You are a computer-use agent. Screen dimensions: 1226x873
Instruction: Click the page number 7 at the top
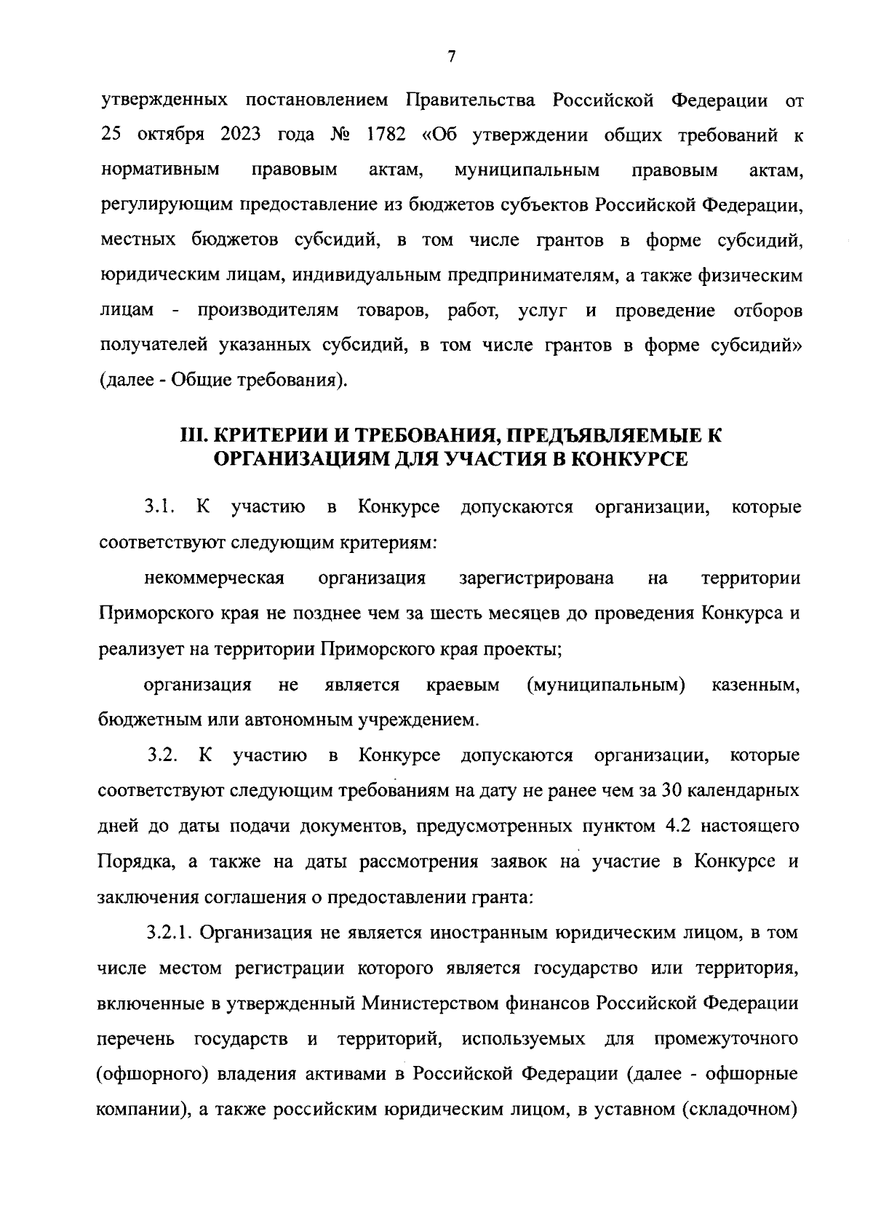(x=451, y=57)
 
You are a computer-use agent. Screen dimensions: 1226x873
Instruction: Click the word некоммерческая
(x=214, y=578)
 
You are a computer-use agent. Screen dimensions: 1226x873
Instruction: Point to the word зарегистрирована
(x=536, y=578)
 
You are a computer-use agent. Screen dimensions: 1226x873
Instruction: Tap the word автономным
(x=299, y=721)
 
